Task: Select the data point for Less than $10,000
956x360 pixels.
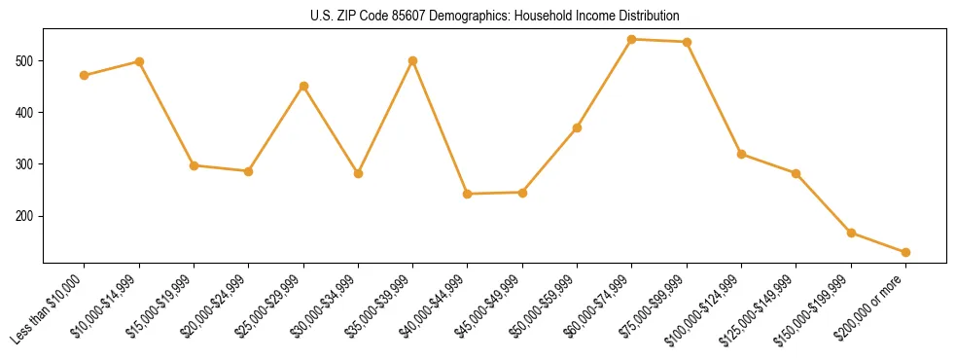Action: tap(85, 75)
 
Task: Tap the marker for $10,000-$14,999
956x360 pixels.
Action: tap(139, 61)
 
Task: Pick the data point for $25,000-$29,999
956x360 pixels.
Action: tap(303, 86)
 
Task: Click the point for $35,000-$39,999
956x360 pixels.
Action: tap(413, 60)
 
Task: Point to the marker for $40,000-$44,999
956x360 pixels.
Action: tap(468, 194)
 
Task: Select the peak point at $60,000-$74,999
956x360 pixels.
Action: tap(632, 39)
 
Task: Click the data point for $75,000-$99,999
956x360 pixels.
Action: tap(687, 42)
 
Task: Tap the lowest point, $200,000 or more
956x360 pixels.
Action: tap(905, 252)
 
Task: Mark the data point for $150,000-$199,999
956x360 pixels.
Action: tap(851, 233)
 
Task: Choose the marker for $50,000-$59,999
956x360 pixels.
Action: tap(578, 127)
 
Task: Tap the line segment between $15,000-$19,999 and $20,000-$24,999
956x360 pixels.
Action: tap(221, 168)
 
